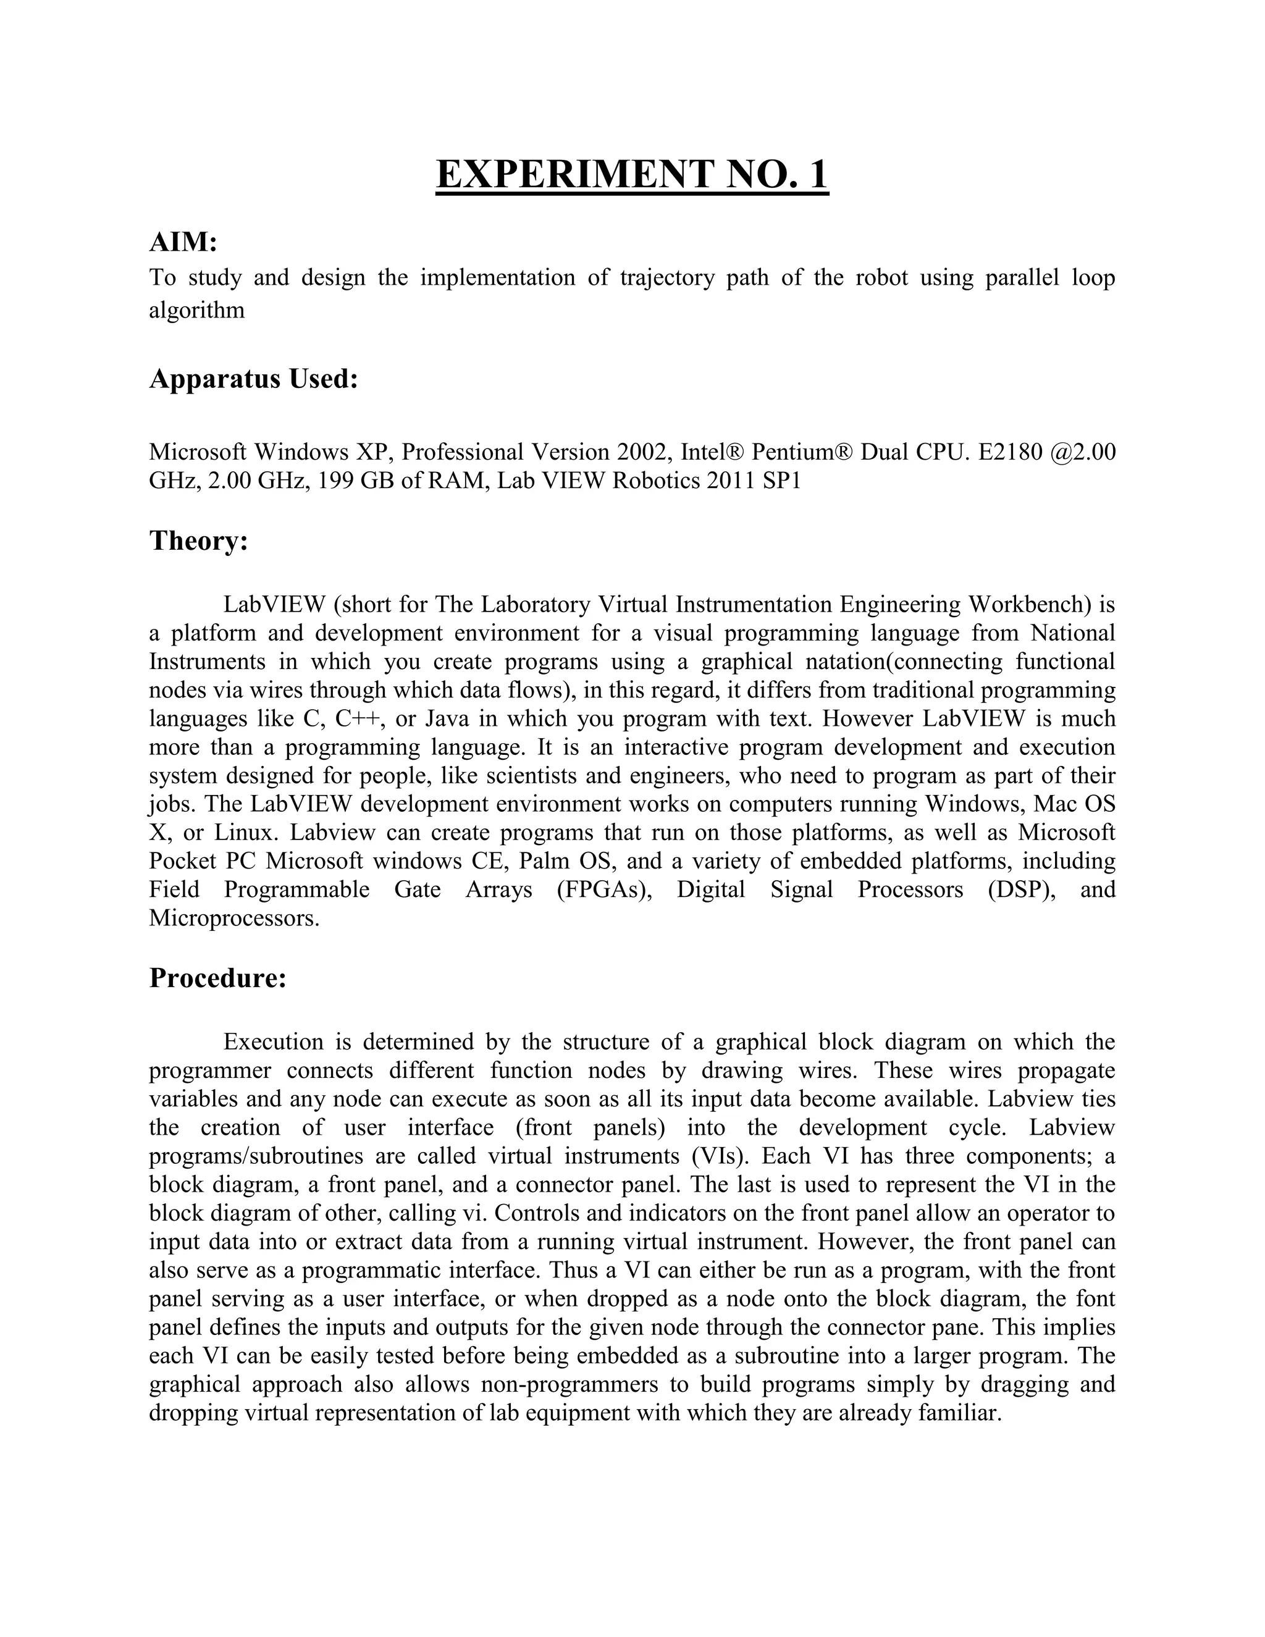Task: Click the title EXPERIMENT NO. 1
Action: pyautogui.click(x=632, y=175)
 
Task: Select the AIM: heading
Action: pyautogui.click(x=183, y=242)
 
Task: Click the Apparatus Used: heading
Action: pyautogui.click(x=253, y=379)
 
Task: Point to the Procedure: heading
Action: pyautogui.click(x=217, y=978)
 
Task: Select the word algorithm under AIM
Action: pyautogui.click(x=196, y=310)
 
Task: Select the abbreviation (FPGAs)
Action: pyautogui.click(x=604, y=890)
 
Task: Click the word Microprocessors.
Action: pyautogui.click(x=234, y=918)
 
